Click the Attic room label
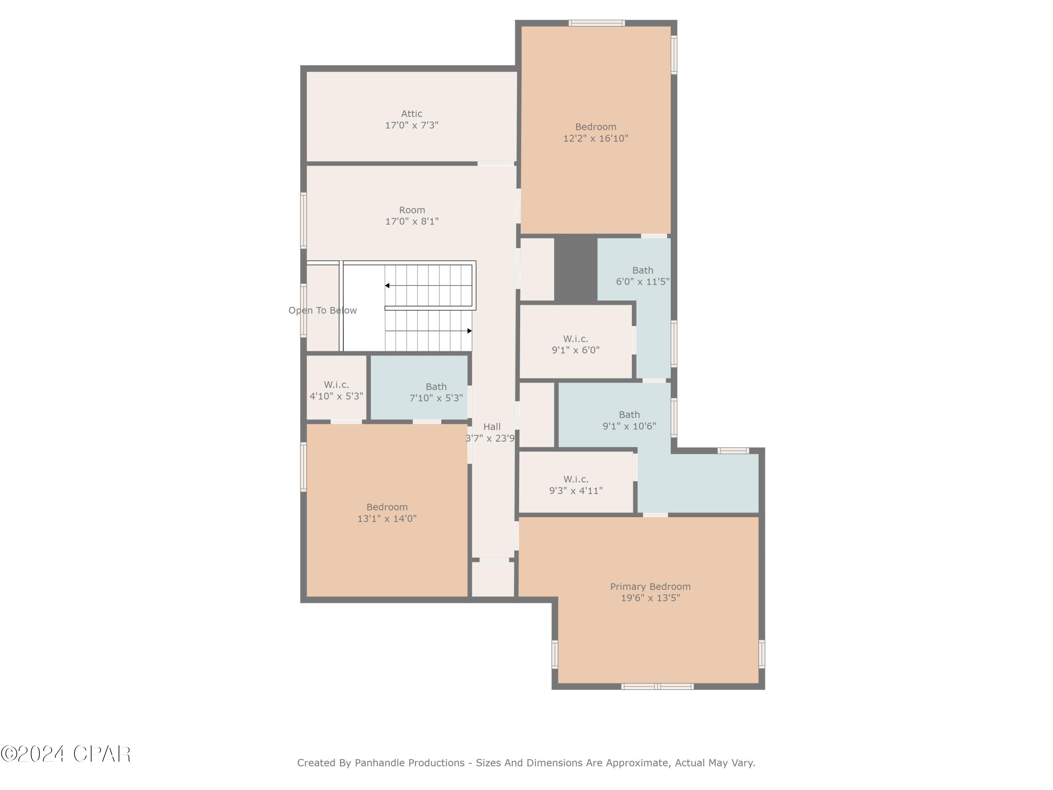pos(411,114)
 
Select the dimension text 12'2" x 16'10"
pos(596,139)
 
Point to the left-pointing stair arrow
pos(388,286)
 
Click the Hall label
pos(492,427)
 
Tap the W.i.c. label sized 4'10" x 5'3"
pos(336,385)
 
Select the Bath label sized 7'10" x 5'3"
pos(436,387)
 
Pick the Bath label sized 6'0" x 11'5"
pos(642,270)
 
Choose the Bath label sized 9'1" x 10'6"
pos(629,415)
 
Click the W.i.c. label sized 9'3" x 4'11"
pos(576,479)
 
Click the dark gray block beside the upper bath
pos(576,269)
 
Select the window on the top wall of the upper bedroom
pos(596,23)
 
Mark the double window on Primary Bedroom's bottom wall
pos(657,686)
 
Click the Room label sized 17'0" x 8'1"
pos(412,210)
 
